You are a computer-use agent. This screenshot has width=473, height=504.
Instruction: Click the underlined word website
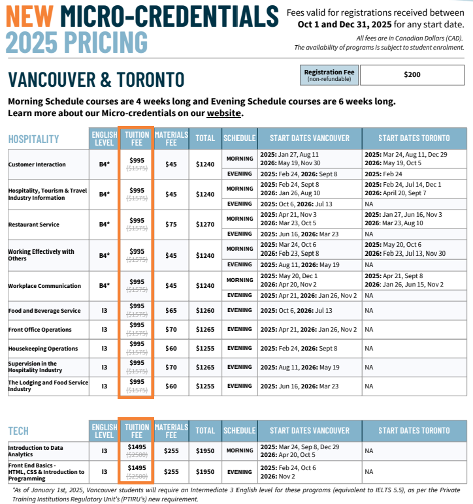(x=224, y=114)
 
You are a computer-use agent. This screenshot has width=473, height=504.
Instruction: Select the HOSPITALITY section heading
(x=33, y=138)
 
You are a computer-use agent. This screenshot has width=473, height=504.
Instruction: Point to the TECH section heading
(x=18, y=431)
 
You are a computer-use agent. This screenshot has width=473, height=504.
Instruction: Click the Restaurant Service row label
(x=33, y=225)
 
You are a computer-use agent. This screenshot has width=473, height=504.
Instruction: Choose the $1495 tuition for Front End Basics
(x=137, y=467)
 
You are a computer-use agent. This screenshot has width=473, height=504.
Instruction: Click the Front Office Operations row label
(x=40, y=330)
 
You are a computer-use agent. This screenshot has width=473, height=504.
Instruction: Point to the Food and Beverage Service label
(x=44, y=311)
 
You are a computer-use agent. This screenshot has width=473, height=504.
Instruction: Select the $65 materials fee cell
(x=171, y=311)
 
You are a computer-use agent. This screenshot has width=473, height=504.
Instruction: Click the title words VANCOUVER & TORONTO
(x=96, y=80)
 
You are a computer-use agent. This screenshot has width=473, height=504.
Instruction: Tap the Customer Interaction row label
(x=37, y=165)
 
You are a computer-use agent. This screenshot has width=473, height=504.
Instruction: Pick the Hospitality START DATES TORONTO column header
(x=414, y=138)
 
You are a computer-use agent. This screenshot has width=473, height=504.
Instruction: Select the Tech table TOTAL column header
(x=205, y=431)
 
